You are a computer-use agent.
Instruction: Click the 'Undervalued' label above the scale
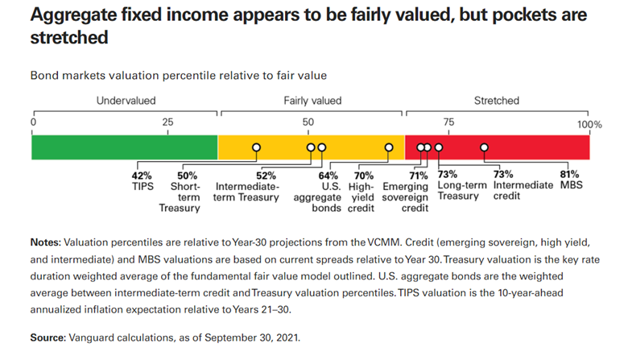point(126,101)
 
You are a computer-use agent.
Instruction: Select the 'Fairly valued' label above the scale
point(312,101)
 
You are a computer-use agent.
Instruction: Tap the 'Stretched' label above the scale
point(497,101)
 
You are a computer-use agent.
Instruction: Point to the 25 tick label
point(167,122)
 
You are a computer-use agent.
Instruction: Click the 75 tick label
point(448,122)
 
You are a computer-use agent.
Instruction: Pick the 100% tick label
point(589,124)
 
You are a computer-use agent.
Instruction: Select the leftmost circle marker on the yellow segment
point(256,147)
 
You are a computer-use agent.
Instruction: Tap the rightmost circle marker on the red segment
point(485,147)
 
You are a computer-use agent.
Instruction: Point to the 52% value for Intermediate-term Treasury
point(266,175)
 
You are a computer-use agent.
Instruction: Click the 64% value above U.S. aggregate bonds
point(328,175)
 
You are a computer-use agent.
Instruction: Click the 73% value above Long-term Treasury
point(448,175)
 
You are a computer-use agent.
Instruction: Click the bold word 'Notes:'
point(45,242)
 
